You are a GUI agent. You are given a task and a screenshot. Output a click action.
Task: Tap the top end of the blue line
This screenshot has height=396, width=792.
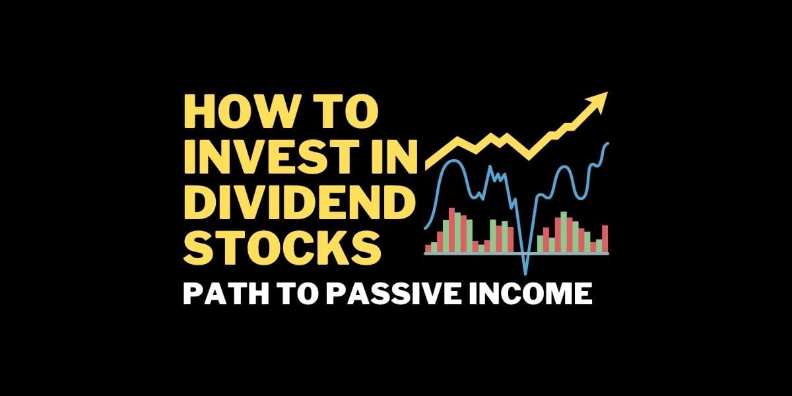click(x=607, y=143)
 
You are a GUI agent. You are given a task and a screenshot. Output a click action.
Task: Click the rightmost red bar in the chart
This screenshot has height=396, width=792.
click(x=605, y=239)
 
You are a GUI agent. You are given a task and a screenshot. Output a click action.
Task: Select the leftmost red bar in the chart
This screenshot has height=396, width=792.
click(x=428, y=248)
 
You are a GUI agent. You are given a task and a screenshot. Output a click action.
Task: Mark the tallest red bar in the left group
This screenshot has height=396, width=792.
click(x=452, y=230)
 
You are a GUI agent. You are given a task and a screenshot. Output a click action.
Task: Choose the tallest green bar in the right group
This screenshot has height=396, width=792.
click(x=564, y=232)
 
